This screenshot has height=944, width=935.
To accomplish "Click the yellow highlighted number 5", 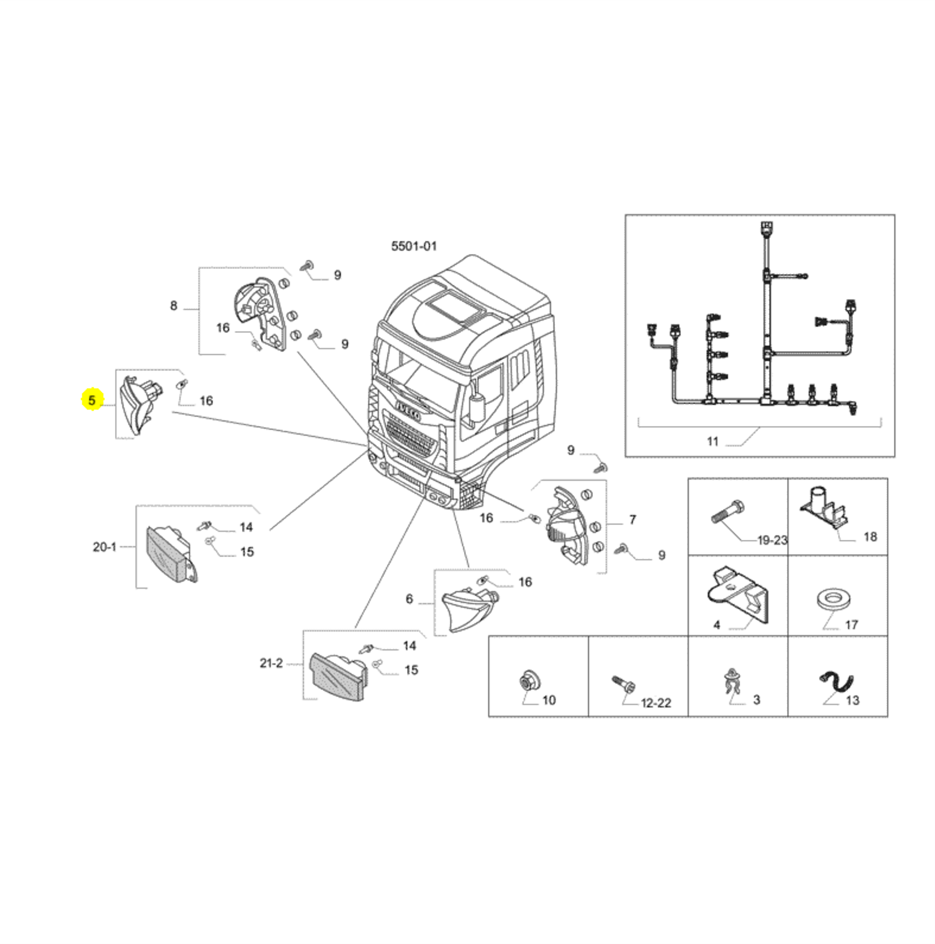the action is coord(92,399).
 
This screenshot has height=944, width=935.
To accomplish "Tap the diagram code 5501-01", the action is coord(414,246).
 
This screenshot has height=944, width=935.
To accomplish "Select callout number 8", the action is coord(174,306).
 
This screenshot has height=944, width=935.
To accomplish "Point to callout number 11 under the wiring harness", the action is coord(713,442).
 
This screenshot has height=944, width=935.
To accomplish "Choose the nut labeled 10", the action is coord(525,681).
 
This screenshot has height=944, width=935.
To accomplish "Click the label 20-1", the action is coord(105,547).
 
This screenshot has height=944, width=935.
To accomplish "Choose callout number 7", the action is coord(633,520).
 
